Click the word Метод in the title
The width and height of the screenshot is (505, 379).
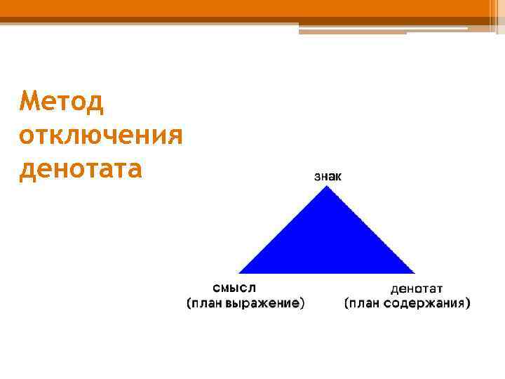(62, 102)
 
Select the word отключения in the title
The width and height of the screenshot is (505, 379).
(101, 134)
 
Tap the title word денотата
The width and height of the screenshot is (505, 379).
(81, 168)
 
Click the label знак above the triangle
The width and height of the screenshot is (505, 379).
(328, 176)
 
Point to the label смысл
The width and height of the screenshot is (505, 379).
(234, 288)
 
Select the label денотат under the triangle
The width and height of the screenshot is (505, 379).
(417, 288)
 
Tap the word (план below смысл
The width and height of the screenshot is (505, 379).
(203, 303)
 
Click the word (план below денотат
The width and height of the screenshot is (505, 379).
(362, 303)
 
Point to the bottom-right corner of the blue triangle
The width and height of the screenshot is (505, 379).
(414, 272)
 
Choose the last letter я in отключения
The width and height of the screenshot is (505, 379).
(175, 134)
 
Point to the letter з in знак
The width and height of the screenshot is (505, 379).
(316, 176)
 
